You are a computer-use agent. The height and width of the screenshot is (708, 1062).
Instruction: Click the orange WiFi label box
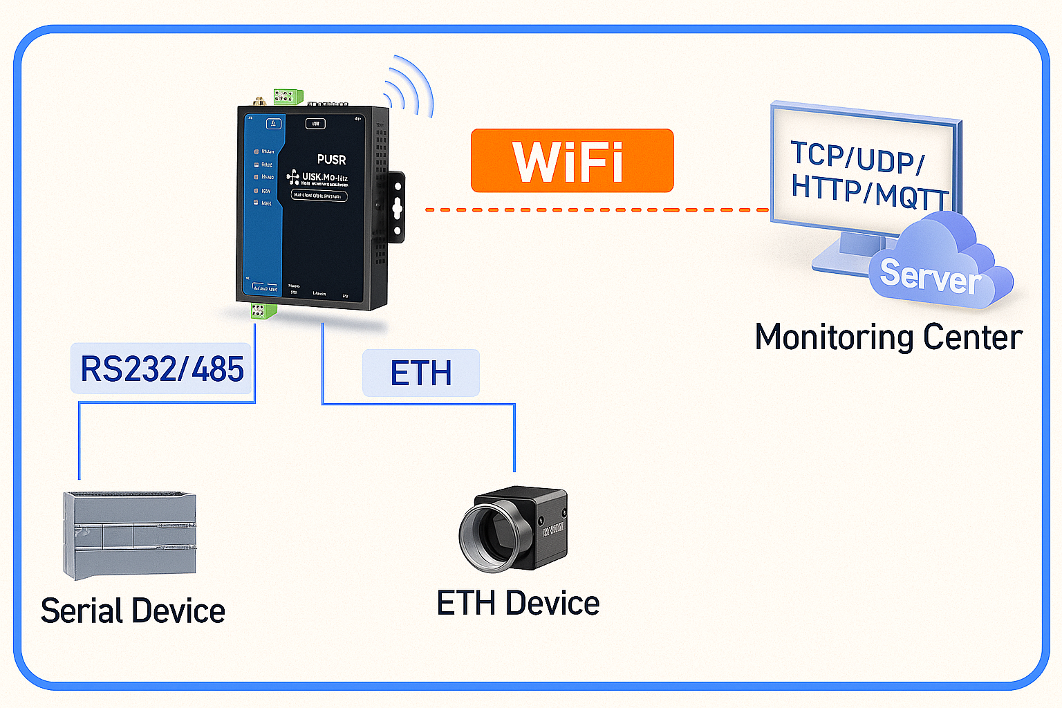click(x=572, y=160)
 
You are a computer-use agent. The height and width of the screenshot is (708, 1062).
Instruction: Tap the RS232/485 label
click(x=162, y=369)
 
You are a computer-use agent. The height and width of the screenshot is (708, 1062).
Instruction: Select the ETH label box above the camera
click(x=420, y=373)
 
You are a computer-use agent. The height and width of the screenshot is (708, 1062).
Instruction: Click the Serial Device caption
click(x=133, y=611)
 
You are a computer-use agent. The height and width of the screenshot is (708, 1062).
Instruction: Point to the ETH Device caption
click(x=518, y=603)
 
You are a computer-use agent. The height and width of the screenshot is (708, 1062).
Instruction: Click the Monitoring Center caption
click(x=888, y=337)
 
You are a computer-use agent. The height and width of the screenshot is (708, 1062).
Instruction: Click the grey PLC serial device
click(x=130, y=535)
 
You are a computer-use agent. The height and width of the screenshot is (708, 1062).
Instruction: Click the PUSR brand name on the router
click(x=331, y=160)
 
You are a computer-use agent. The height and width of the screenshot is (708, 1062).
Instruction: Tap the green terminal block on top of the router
click(x=288, y=96)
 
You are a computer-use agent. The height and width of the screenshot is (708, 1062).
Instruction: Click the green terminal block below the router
click(x=263, y=311)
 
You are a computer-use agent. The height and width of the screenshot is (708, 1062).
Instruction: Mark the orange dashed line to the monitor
click(x=595, y=209)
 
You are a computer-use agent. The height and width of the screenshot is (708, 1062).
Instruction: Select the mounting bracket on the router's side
click(x=396, y=207)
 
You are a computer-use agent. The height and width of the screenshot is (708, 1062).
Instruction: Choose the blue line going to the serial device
click(x=80, y=442)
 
